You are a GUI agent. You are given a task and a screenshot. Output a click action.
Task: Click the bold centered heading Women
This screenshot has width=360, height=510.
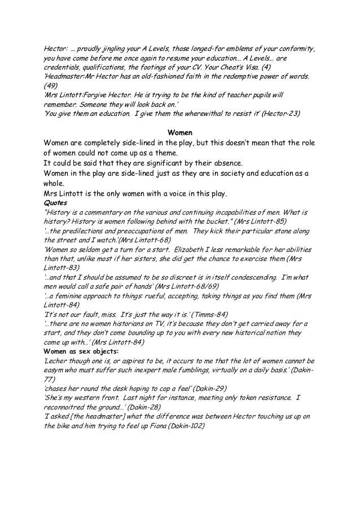[x=180, y=131]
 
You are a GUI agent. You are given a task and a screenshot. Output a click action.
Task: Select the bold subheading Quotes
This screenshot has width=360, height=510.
[x=55, y=203]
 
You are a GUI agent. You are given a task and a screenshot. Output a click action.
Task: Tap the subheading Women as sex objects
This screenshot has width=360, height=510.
[x=77, y=352]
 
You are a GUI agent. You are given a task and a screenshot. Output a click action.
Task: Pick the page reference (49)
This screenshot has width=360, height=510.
[x=51, y=85]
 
